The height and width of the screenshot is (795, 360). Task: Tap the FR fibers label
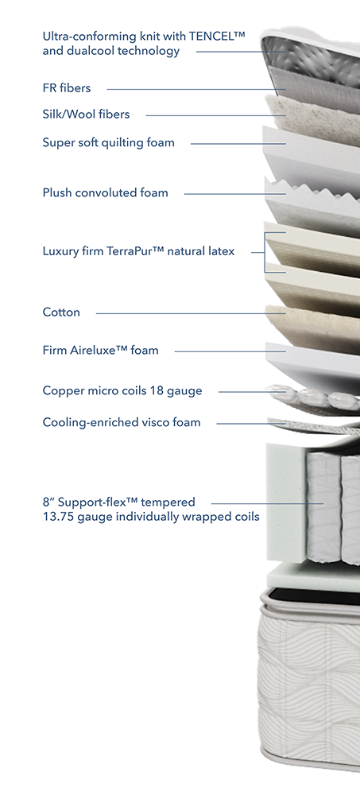click(x=67, y=88)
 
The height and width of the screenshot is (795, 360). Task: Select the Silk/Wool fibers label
click(x=86, y=114)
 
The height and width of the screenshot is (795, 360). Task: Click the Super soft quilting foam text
click(x=109, y=143)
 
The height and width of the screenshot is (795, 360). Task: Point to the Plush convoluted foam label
click(x=106, y=192)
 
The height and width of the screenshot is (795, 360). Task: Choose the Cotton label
click(x=61, y=312)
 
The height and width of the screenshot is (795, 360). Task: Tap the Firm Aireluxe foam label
click(x=100, y=350)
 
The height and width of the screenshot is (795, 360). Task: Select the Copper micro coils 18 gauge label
click(x=122, y=391)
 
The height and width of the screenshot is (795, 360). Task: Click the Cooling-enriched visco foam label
click(x=122, y=422)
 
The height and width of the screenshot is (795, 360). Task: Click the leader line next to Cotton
click(x=192, y=313)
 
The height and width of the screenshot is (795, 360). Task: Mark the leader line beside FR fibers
click(x=197, y=90)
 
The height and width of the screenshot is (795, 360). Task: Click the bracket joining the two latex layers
click(x=265, y=253)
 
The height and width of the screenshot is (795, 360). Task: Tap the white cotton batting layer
click(x=312, y=324)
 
